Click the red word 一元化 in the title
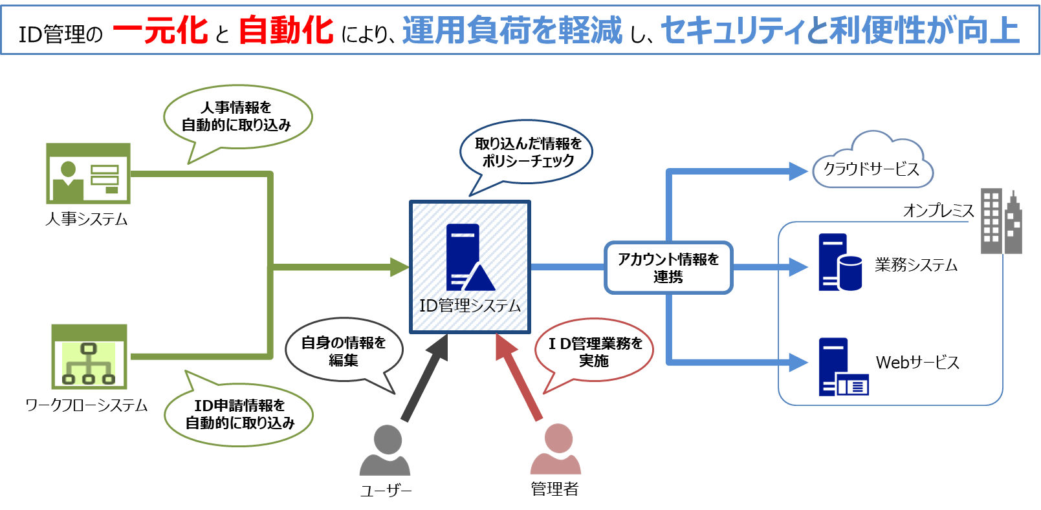(x=160, y=30)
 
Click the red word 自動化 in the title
(x=285, y=30)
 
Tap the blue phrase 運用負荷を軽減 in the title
(x=512, y=30)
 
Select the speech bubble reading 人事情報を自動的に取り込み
(x=237, y=117)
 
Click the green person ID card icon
(x=88, y=174)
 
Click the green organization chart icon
(x=89, y=357)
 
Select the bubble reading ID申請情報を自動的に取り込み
(x=239, y=414)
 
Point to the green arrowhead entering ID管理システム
(x=400, y=267)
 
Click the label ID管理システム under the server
(x=470, y=306)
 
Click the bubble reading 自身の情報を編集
(x=344, y=351)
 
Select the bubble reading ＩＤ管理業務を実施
(x=595, y=351)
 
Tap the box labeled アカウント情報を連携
(x=668, y=268)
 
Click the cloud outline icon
(x=872, y=162)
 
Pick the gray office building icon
(x=1001, y=221)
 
